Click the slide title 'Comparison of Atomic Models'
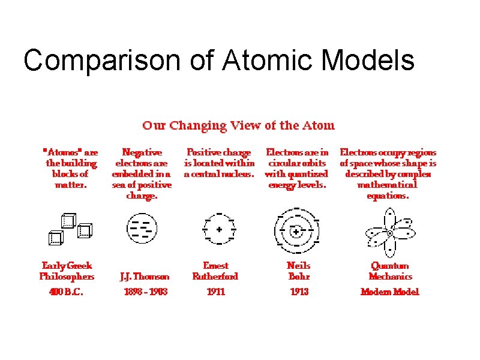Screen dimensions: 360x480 (x=218, y=60)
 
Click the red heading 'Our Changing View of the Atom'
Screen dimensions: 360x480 (x=238, y=125)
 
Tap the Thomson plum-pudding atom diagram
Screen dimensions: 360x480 (x=142, y=229)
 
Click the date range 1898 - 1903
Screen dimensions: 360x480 (x=145, y=292)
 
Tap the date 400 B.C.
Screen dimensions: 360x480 (x=66, y=292)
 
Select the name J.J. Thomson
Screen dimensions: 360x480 (x=145, y=277)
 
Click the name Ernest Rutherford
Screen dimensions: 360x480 (x=215, y=271)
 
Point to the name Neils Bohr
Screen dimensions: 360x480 (x=298, y=271)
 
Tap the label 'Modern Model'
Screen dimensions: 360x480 (x=390, y=292)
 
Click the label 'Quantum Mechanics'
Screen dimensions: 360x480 (x=390, y=271)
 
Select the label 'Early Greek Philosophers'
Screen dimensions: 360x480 (x=67, y=271)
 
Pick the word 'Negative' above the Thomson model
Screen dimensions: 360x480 (x=142, y=152)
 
